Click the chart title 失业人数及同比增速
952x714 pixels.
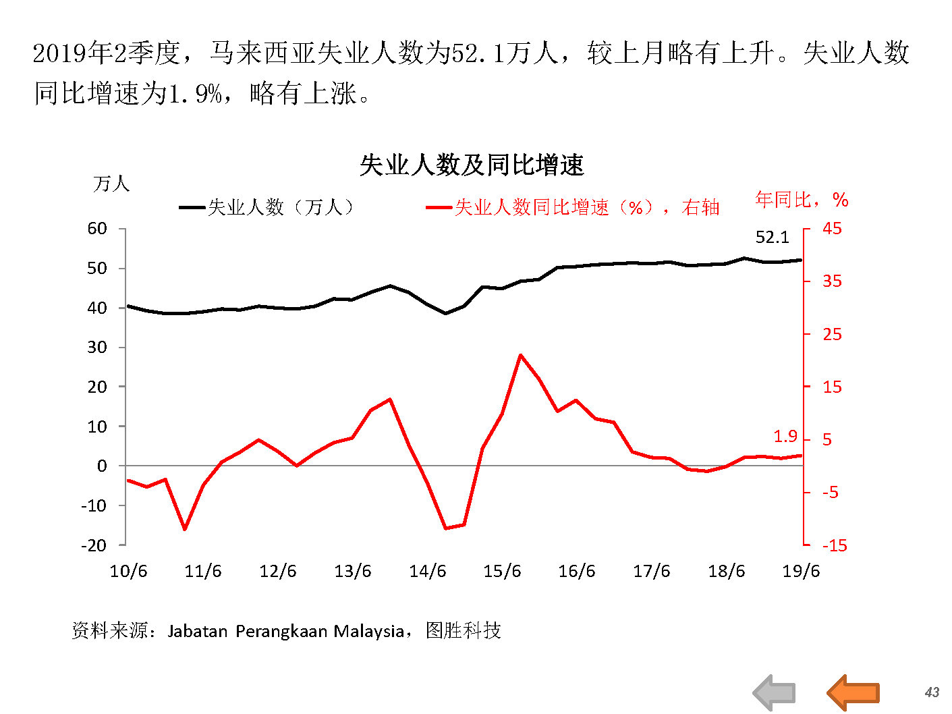coord(471,165)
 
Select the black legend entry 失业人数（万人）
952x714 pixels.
coord(267,207)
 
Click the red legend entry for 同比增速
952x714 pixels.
coord(573,207)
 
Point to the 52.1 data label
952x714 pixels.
coord(772,238)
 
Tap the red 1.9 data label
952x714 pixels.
coord(785,437)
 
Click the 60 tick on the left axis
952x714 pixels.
coord(97,229)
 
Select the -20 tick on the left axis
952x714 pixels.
coord(94,545)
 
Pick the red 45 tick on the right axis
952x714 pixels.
coord(832,229)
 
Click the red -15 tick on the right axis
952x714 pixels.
coord(835,545)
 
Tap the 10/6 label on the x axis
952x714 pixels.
coord(128,572)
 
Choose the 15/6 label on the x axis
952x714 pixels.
coord(502,572)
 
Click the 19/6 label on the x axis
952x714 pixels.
coord(801,572)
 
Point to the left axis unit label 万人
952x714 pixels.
coord(111,184)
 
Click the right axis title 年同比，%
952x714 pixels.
coord(802,200)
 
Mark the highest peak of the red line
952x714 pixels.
coord(521,355)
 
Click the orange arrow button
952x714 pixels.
coord(853,692)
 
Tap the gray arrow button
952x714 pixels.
coord(775,692)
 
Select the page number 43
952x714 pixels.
coord(932,692)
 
